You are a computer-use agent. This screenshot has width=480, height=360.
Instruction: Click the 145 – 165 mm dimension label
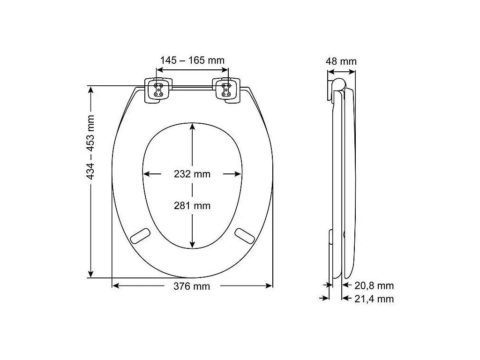(192, 60)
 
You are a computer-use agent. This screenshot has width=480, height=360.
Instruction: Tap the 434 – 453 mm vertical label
(90, 147)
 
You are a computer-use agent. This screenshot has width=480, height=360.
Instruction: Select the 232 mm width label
(192, 174)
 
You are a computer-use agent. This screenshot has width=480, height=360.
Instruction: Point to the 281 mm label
(192, 205)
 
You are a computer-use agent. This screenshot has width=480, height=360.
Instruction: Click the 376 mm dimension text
(192, 286)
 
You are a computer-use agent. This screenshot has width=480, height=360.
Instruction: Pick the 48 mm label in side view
(341, 61)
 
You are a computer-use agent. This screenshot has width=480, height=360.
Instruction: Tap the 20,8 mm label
(374, 285)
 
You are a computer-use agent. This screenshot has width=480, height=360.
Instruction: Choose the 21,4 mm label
(374, 299)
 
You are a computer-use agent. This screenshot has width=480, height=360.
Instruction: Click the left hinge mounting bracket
(158, 90)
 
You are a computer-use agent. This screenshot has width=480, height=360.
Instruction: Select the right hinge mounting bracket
(226, 90)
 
